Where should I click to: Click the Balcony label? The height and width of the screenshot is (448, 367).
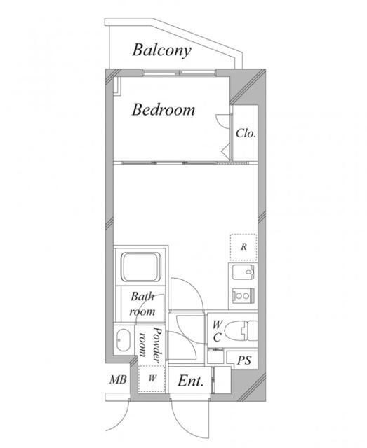tap(161, 50)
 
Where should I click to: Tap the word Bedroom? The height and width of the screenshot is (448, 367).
tap(164, 110)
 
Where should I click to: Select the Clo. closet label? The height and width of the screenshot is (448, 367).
tap(246, 133)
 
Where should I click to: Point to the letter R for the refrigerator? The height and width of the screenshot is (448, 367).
tap(243, 246)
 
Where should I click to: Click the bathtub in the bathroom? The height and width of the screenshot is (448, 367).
tap(140, 267)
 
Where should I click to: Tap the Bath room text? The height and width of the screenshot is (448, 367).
tap(142, 304)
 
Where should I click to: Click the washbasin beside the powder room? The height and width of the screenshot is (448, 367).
tap(124, 341)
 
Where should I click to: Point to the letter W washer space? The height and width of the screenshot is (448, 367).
tap(152, 378)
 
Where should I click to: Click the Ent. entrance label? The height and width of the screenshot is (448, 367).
tap(191, 381)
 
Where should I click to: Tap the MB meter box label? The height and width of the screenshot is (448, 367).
tap(118, 379)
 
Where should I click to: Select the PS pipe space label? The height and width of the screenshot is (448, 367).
tap(244, 360)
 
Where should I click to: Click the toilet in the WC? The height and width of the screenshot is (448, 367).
tap(241, 330)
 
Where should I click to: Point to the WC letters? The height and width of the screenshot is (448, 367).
tap(217, 331)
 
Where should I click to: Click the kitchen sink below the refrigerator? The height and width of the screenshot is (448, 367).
tap(243, 272)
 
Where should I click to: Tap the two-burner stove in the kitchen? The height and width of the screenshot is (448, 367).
tap(243, 295)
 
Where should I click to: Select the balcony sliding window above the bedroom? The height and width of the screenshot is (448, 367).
tap(179, 73)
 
